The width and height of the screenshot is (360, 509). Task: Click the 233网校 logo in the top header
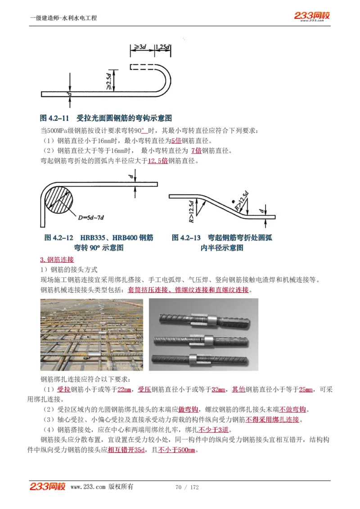312,16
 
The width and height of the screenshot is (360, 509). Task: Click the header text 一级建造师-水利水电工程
63,18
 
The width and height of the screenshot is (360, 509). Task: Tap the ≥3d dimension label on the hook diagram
140,47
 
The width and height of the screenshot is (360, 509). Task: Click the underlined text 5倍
176,140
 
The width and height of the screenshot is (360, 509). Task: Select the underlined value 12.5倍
157,161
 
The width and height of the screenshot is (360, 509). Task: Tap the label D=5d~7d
91,218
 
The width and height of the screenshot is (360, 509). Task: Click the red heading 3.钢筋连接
57,259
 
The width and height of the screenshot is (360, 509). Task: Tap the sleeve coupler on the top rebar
198,320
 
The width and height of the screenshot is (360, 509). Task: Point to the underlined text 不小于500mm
176,451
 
